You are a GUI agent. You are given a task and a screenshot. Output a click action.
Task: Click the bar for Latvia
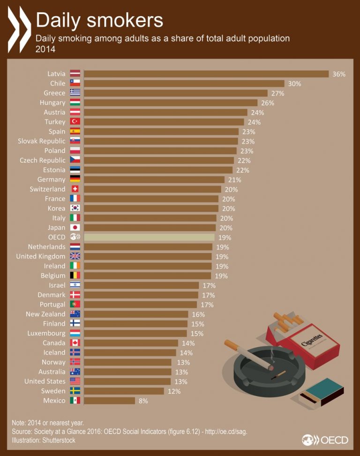(x=206, y=74)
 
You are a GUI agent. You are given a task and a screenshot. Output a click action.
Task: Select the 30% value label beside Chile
(x=294, y=83)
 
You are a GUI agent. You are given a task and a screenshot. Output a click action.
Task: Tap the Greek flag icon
(x=75, y=93)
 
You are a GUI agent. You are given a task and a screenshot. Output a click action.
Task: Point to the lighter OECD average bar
(x=149, y=237)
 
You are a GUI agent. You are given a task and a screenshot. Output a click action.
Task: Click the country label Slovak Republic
(x=42, y=141)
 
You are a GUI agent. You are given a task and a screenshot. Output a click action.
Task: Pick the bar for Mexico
(x=109, y=400)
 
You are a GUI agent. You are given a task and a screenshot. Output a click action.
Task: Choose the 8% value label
(x=143, y=401)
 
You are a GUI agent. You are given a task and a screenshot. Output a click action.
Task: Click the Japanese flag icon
(x=75, y=227)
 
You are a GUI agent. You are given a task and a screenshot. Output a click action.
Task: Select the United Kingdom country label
(x=41, y=256)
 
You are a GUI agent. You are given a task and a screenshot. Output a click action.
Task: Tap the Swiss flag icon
(x=75, y=189)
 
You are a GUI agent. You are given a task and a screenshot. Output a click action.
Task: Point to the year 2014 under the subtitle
(x=45, y=49)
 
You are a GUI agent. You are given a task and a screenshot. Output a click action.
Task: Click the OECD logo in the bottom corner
(x=325, y=440)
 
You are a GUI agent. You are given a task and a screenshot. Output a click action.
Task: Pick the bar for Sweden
(x=124, y=391)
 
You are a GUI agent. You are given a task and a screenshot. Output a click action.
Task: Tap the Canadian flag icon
(x=75, y=343)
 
